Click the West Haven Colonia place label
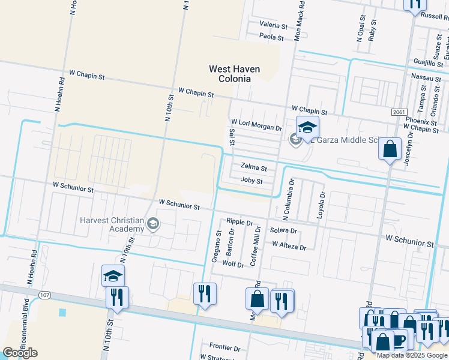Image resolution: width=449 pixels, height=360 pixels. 234,74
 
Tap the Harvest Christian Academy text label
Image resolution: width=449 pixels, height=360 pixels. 113,224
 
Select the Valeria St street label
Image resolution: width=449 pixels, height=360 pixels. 274,25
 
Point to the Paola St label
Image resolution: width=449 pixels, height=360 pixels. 271,37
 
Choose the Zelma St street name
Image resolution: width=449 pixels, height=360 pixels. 253,167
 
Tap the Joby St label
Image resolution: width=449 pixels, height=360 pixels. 252,181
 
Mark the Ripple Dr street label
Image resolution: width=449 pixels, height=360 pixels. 240,222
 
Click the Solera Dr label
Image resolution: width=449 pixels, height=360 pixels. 283,230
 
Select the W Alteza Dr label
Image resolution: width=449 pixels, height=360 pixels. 289,245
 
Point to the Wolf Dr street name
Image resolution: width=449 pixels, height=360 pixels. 233,264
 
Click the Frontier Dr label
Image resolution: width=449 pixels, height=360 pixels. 224,347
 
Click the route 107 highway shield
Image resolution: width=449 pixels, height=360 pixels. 44,295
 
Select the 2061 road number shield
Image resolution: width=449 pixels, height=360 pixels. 399,112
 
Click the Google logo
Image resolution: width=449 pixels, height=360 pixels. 20,353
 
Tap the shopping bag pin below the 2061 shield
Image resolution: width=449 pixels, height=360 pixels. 390,148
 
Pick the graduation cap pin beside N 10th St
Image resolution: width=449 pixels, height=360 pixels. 112,276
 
